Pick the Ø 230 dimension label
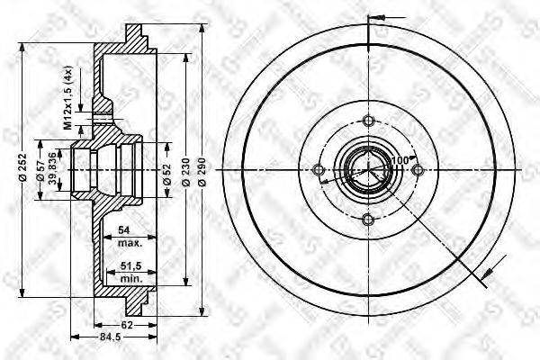tap(184, 171)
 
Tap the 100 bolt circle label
tap(399, 162)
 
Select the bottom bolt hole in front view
tap(365, 219)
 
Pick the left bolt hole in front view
tap(317, 170)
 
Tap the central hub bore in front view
tap(364, 170)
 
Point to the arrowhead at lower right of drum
tap(488, 267)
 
